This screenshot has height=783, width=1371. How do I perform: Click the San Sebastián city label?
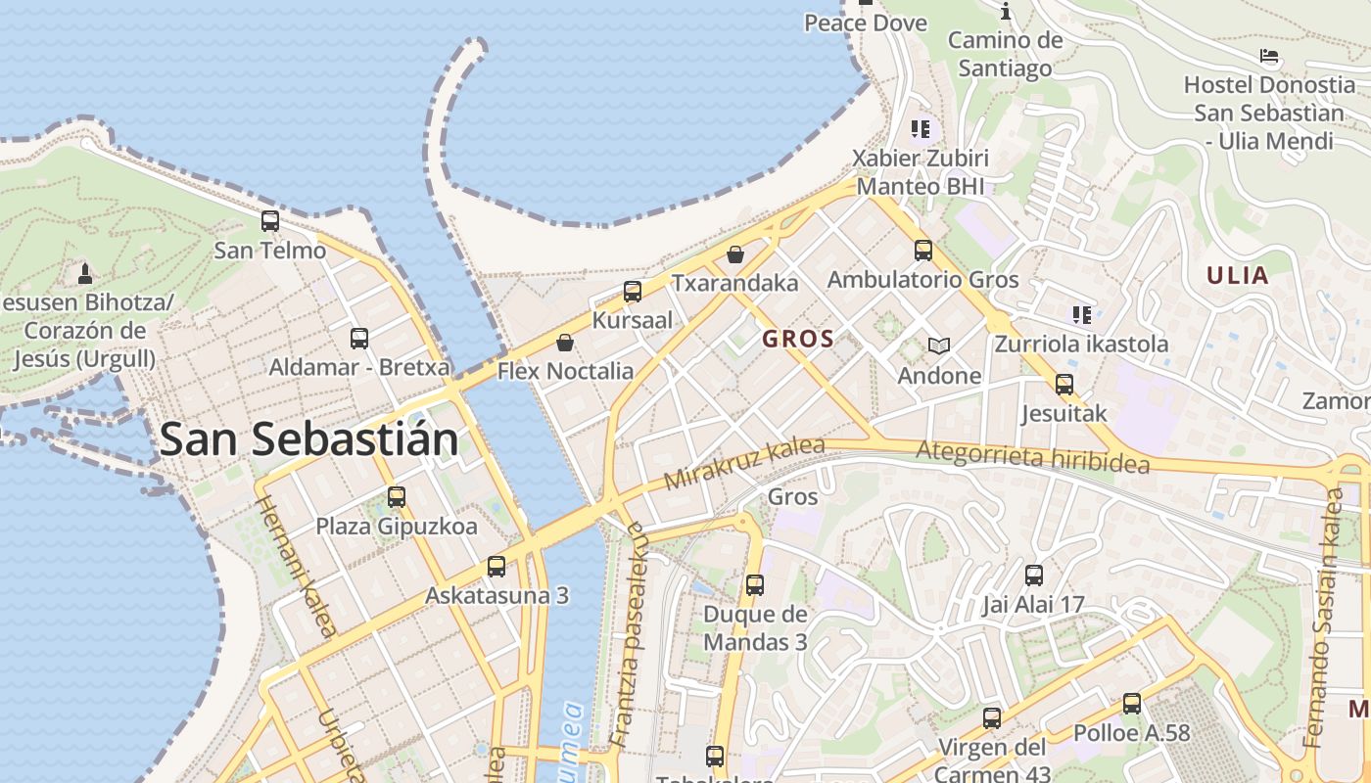[308, 439]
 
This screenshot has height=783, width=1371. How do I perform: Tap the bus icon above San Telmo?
[270, 221]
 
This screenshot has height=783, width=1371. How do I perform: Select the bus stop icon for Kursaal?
[633, 291]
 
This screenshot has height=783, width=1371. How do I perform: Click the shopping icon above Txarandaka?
[735, 254]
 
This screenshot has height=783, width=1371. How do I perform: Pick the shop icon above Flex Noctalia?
[565, 343]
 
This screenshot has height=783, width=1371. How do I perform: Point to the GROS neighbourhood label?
[798, 340]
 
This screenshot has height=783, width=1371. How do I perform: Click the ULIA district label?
[1238, 275]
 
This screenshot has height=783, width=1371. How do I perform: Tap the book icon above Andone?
[939, 345]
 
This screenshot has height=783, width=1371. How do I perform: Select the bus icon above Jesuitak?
[1064, 385]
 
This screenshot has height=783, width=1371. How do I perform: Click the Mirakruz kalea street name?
[743, 464]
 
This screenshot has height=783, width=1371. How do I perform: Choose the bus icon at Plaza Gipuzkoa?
[397, 496]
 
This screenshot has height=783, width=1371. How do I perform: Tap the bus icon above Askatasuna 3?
[496, 566]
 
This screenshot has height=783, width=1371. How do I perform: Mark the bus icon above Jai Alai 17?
[1034, 575]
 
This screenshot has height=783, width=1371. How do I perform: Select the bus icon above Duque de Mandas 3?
[755, 585]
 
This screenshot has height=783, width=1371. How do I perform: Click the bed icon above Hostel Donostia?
[1269, 56]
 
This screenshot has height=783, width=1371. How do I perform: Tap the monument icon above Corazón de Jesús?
[85, 272]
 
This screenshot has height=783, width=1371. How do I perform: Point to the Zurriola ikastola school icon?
[1082, 314]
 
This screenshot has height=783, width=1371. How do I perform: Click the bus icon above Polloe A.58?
[1132, 703]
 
